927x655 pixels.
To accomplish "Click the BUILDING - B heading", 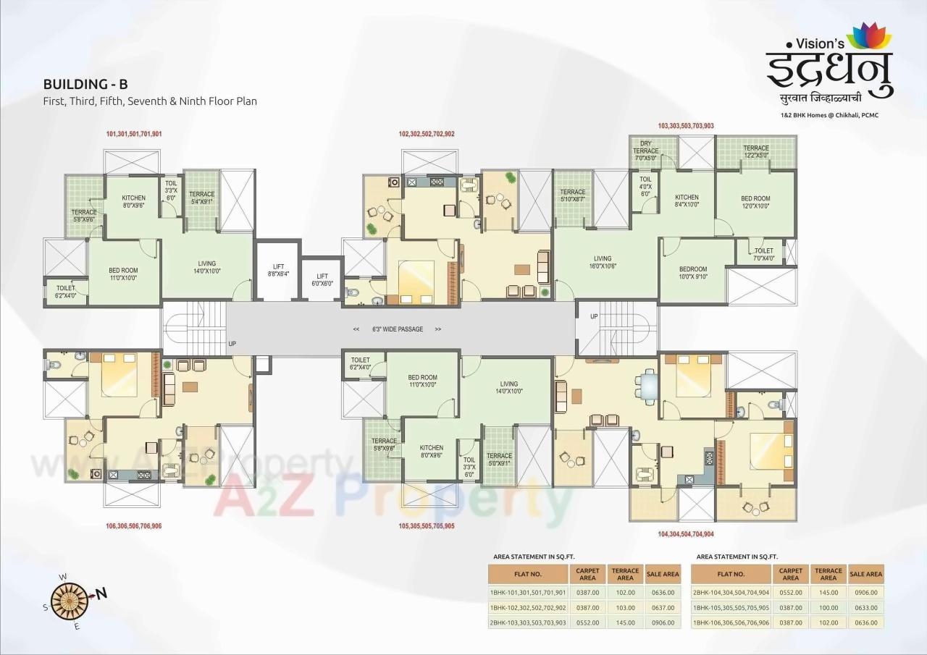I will click(85, 85).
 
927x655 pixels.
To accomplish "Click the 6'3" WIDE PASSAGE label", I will click(397, 329).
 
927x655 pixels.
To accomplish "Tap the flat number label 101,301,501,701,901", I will click(133, 134).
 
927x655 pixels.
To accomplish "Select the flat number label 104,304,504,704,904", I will click(685, 533).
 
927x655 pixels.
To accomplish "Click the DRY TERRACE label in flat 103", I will click(645, 151).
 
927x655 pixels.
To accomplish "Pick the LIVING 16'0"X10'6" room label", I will click(603, 262).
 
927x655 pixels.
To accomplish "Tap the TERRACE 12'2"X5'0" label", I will click(756, 151).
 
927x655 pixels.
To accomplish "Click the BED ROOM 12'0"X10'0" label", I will click(755, 202).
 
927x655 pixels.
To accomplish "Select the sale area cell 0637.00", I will click(662, 607).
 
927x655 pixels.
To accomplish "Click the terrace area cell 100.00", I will click(829, 607).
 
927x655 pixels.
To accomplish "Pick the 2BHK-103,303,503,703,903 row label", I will click(528, 622).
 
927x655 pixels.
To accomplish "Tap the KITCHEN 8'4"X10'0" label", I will click(687, 200).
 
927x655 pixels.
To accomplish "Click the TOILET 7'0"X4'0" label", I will click(763, 254).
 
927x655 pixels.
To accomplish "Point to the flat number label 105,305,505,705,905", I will click(427, 525).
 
